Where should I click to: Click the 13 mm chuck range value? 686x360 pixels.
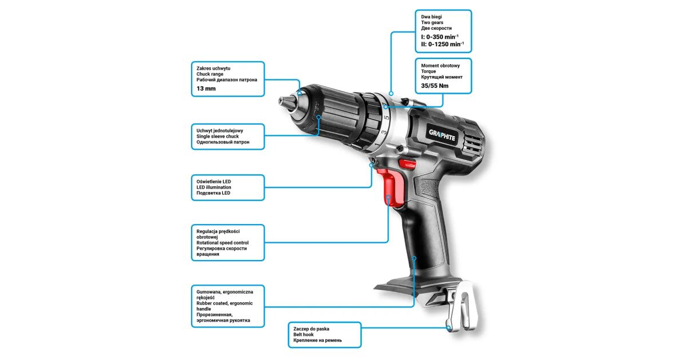point(206,89)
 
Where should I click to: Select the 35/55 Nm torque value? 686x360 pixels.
point(434,86)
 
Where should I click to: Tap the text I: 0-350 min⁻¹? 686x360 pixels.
point(440,37)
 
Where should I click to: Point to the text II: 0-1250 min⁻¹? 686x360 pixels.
point(442,44)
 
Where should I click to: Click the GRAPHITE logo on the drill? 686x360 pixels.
point(442,135)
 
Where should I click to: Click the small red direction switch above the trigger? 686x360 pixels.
point(407,164)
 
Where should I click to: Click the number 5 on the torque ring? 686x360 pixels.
point(386,117)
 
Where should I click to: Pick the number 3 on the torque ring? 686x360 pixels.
point(384,133)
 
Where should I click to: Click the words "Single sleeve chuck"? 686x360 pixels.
point(217,137)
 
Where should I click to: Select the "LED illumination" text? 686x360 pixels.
point(214,187)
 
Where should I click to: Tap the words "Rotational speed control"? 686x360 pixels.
point(222,243)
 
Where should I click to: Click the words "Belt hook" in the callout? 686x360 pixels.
point(303,335)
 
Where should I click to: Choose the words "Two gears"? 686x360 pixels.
point(432,23)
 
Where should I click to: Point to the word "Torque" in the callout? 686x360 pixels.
point(428,71)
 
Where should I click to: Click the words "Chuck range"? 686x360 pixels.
point(210,74)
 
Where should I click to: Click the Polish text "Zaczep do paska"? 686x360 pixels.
point(311,329)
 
